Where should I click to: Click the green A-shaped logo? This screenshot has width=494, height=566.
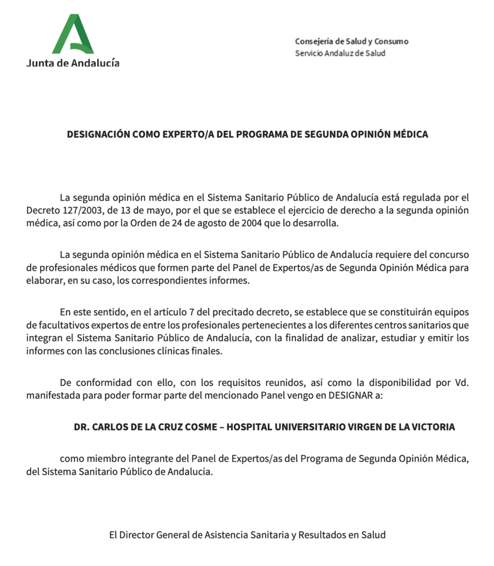[x=73, y=34]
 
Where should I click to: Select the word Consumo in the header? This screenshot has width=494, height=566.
[x=393, y=42]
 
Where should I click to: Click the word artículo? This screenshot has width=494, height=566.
[x=159, y=312]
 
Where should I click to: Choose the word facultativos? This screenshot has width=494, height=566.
[x=61, y=325]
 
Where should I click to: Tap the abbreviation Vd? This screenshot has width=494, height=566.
[x=462, y=382]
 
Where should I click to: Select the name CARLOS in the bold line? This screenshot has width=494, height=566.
[x=113, y=426]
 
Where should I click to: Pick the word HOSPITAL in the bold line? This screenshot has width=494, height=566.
[x=250, y=426]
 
